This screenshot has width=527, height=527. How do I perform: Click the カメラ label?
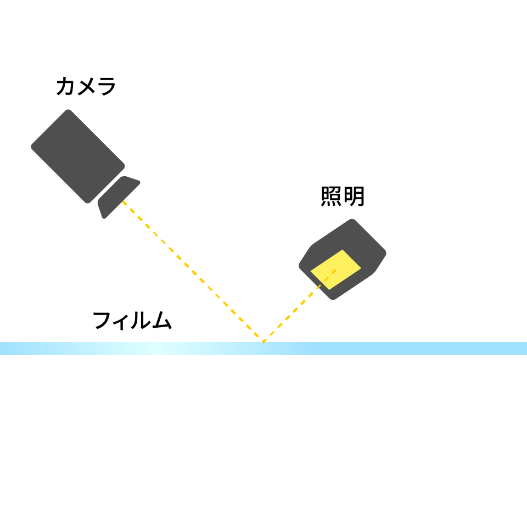[x=86, y=86]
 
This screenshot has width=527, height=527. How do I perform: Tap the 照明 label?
[x=343, y=197]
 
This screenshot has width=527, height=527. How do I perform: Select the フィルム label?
[x=132, y=320]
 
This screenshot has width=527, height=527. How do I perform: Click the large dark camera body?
[x=78, y=156]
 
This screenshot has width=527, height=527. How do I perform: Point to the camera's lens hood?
[x=119, y=197]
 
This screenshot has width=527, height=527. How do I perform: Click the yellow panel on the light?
[x=335, y=270]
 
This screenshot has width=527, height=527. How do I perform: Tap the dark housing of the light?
[x=342, y=259]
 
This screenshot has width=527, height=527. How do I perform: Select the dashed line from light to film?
[x=300, y=306]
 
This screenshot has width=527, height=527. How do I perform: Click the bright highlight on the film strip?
[x=158, y=349]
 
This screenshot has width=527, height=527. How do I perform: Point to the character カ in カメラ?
[x=65, y=86]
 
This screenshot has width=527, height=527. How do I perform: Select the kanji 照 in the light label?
[x=331, y=197]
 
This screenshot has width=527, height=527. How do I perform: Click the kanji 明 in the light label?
[x=354, y=197]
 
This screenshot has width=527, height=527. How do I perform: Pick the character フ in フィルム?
[x=102, y=320]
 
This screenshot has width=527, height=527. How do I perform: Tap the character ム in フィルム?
[x=162, y=320]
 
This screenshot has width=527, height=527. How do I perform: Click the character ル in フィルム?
[x=141, y=320]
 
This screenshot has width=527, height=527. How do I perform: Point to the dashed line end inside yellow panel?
[x=335, y=270]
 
